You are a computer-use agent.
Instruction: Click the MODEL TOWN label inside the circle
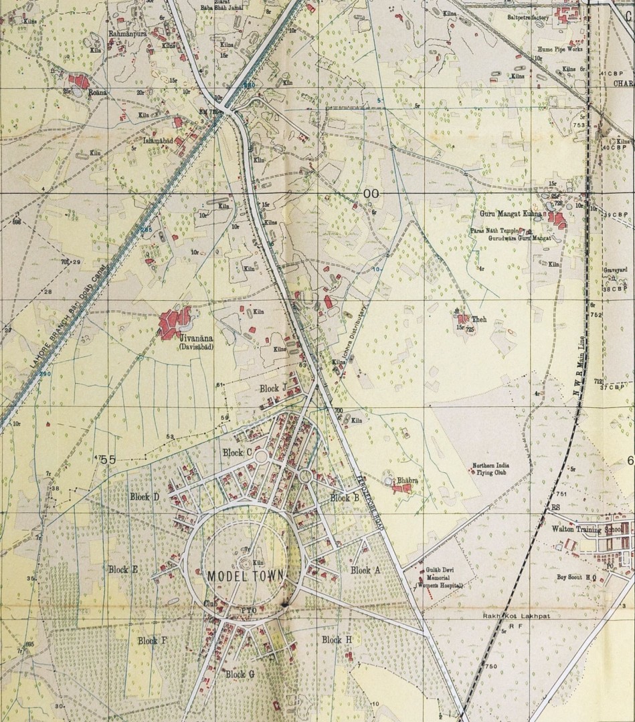coord(246,576)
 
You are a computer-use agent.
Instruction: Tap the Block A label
coord(365,570)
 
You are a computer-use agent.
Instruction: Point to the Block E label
coord(123,570)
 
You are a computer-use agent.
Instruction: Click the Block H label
coord(337,640)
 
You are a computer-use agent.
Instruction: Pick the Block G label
coord(240,674)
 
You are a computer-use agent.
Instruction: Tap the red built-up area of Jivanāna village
coord(174,322)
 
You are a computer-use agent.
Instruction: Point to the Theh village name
coord(479,320)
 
